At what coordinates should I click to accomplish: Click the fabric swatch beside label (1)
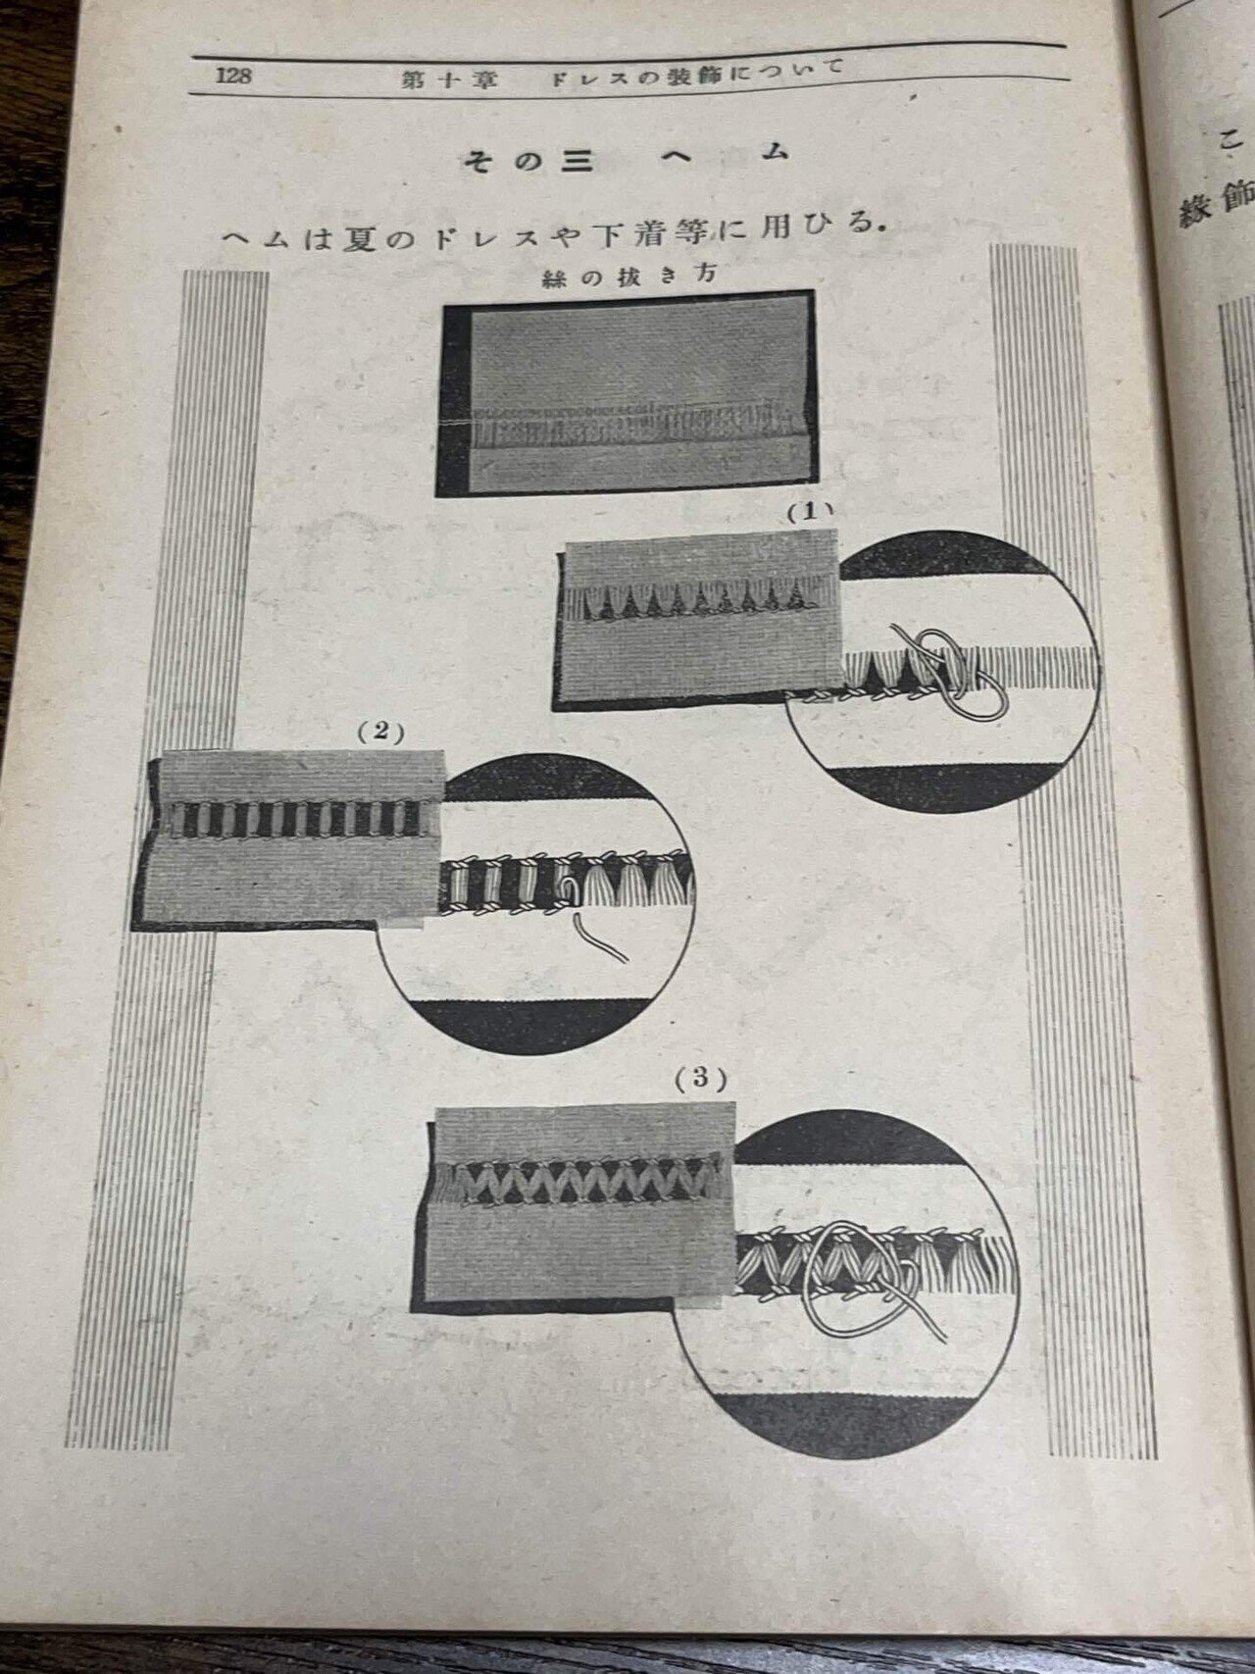click(696, 620)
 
